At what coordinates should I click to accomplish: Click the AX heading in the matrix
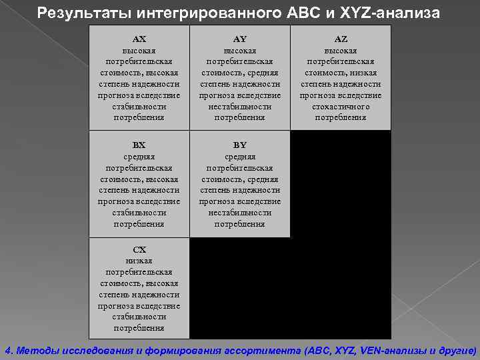(x=139, y=39)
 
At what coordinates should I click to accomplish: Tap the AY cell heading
(x=240, y=39)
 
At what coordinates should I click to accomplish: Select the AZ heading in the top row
(x=340, y=39)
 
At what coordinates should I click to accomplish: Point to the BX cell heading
(x=139, y=145)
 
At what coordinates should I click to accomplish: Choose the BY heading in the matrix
(x=240, y=145)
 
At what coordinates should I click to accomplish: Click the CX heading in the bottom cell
(x=139, y=249)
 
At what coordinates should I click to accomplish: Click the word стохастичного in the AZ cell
(x=340, y=107)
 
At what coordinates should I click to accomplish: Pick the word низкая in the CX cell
(x=139, y=261)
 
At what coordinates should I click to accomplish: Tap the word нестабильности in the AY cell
(x=240, y=107)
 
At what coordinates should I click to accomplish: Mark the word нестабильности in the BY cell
(x=240, y=213)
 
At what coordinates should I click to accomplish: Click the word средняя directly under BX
(x=139, y=156)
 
